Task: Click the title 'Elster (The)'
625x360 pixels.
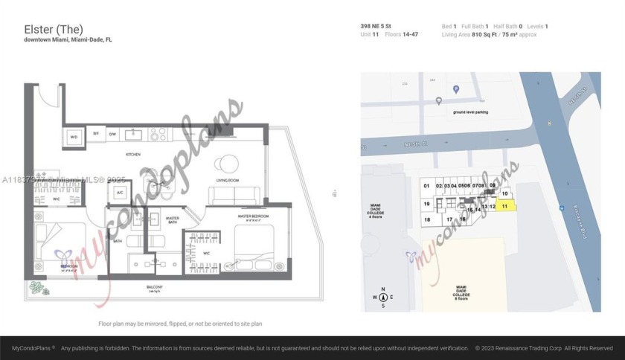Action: coord(48,30)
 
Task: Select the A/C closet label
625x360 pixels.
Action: coord(119,193)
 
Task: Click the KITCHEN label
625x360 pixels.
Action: coord(133,154)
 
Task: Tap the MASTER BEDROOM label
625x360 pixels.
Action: coord(252,216)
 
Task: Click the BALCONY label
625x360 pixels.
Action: coord(154,286)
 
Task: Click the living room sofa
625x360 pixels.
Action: coord(233,196)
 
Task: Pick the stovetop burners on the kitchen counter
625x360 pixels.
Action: coord(159,134)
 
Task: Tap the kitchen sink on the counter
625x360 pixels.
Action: coord(134,134)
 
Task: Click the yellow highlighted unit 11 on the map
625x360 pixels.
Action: coord(506,205)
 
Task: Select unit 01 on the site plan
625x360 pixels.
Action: coord(427,185)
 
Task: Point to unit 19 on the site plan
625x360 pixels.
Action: coord(427,203)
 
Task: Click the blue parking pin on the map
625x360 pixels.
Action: coord(457,90)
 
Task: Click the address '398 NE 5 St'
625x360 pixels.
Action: coord(378,27)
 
